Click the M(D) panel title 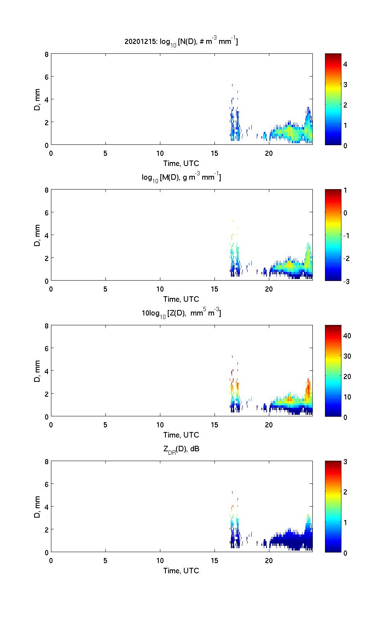point(181,177)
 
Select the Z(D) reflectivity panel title point(181,313)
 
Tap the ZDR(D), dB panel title point(181,449)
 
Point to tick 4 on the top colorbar point(345,64)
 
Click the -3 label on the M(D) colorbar point(346,281)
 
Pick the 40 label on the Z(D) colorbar point(347,336)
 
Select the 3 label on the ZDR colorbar point(345,462)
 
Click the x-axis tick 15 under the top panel point(214,153)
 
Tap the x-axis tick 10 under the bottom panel point(160,560)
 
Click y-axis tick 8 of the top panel point(46,55)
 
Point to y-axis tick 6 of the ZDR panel point(46,485)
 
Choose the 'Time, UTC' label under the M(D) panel point(181,299)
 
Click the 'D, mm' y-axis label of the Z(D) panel point(37,371)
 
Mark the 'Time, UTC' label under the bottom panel point(181,571)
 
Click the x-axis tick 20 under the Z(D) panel point(269,425)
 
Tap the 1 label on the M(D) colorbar point(345,190)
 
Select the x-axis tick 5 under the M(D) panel point(105,289)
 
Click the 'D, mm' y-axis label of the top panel point(37,99)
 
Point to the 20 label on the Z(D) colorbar point(347,376)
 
